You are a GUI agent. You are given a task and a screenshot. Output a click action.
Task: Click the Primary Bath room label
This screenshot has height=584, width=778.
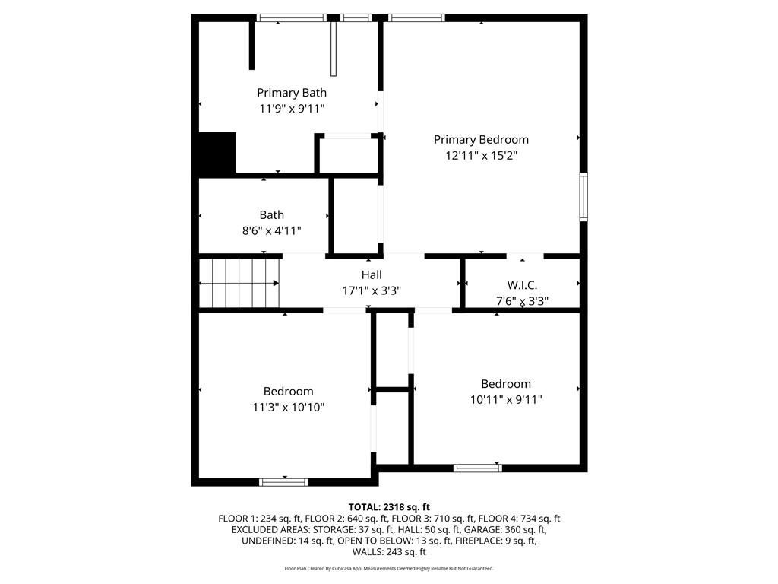point(291,93)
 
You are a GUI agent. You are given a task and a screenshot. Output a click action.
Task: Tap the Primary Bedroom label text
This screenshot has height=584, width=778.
point(481,139)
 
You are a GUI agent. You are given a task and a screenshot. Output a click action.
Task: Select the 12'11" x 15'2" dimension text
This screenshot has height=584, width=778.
point(481,155)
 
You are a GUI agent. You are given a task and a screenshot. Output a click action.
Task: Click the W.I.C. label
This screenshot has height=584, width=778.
point(522,285)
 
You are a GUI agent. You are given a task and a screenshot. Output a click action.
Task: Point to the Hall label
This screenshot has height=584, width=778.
point(372,275)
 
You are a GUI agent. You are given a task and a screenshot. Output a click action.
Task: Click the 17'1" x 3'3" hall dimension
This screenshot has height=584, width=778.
point(372,290)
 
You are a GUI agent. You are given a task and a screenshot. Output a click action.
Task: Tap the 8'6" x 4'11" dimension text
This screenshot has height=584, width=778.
point(271,230)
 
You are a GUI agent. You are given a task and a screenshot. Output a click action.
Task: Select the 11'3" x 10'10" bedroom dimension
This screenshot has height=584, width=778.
point(289,407)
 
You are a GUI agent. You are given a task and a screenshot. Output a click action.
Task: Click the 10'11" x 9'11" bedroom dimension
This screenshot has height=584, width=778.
point(506,399)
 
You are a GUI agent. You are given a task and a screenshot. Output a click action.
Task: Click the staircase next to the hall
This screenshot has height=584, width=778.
point(239,282)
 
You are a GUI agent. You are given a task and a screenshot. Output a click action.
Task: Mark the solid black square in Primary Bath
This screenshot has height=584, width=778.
point(217,152)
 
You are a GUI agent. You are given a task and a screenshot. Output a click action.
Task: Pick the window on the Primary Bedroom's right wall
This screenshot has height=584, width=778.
point(583,197)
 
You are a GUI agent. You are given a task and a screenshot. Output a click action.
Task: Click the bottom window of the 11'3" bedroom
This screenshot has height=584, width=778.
point(284,481)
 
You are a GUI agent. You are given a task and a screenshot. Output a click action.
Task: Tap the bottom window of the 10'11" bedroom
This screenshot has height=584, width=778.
point(478,468)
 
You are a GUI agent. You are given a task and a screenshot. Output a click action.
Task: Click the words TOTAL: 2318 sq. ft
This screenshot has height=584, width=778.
point(389,507)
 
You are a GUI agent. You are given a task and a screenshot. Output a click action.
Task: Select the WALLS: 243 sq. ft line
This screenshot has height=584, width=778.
point(389,552)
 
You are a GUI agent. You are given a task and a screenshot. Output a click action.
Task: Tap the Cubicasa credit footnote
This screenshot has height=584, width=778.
point(389,568)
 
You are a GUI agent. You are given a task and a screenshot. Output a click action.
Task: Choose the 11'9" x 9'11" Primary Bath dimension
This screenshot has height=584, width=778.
point(291,108)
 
